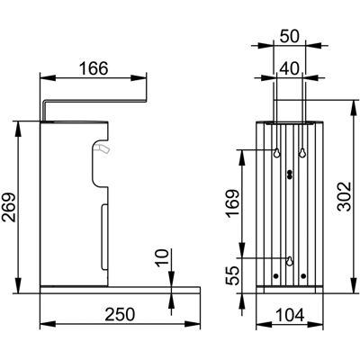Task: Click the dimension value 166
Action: click(x=94, y=68)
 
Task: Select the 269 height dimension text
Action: click(x=8, y=207)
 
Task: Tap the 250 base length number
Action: click(x=120, y=315)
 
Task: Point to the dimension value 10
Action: click(x=162, y=257)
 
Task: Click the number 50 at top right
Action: click(x=290, y=36)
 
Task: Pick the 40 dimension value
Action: click(x=289, y=68)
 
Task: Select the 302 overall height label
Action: click(x=344, y=196)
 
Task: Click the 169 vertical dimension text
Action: click(x=233, y=202)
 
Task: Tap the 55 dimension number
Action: click(x=233, y=275)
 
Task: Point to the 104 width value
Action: click(x=290, y=315)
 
